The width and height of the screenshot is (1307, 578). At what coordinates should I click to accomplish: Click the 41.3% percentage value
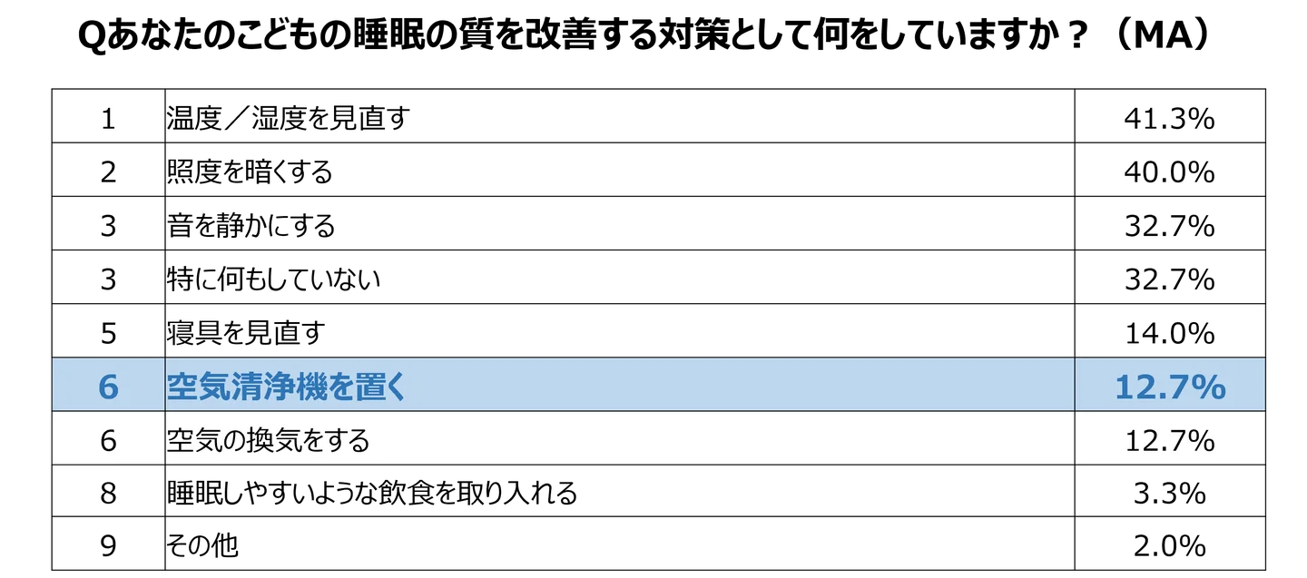pyautogui.click(x=1169, y=119)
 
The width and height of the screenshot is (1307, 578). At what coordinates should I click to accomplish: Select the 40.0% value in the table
pyautogui.click(x=1169, y=172)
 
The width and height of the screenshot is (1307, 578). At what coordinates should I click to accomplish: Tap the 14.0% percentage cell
pyautogui.click(x=1169, y=334)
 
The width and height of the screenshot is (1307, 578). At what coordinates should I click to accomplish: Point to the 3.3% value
pyautogui.click(x=1169, y=494)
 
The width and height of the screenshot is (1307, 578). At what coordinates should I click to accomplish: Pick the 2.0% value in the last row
pyautogui.click(x=1169, y=546)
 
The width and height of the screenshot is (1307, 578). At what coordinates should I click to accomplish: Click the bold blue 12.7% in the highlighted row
pyautogui.click(x=1170, y=387)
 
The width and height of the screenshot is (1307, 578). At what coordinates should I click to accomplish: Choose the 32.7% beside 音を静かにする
pyautogui.click(x=1169, y=226)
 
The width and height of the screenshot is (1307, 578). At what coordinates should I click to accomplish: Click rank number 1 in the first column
pyautogui.click(x=108, y=119)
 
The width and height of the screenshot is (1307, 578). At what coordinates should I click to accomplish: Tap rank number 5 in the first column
pyautogui.click(x=108, y=334)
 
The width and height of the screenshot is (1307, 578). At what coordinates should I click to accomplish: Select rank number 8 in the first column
pyautogui.click(x=108, y=494)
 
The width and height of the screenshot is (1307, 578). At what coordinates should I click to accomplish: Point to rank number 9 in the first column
pyautogui.click(x=108, y=546)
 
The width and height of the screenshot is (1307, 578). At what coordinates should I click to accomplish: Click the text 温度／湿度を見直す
pyautogui.click(x=289, y=118)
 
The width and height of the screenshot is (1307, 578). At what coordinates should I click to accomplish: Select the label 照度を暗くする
pyautogui.click(x=250, y=172)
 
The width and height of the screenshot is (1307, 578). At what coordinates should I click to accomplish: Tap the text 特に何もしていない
pyautogui.click(x=274, y=279)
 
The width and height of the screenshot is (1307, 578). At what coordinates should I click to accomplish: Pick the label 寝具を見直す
pyautogui.click(x=246, y=333)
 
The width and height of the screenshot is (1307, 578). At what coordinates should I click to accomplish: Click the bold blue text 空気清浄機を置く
pyautogui.click(x=286, y=387)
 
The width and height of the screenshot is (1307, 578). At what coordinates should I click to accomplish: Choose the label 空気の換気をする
pyautogui.click(x=269, y=440)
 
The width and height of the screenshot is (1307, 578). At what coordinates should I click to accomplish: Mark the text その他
pyautogui.click(x=202, y=546)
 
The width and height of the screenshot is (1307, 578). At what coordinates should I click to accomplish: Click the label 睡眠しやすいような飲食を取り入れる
pyautogui.click(x=372, y=494)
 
